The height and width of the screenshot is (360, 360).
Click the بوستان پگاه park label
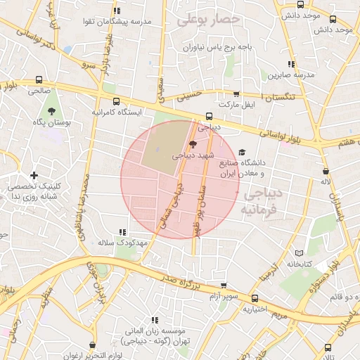click(50, 122)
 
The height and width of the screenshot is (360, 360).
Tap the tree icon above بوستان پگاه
click(51, 111)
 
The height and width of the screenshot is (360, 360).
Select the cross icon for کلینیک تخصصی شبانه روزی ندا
click(34, 175)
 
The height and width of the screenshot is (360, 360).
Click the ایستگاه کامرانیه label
click(117, 112)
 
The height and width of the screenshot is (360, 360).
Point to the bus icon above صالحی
click(39, 79)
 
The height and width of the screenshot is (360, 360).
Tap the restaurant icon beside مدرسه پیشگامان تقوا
click(117, 11)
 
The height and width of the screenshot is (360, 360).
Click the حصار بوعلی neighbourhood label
click(209, 20)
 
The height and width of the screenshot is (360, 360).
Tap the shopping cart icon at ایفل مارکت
click(236, 94)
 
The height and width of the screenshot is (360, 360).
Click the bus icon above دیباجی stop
click(208, 117)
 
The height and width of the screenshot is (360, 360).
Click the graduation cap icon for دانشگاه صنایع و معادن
click(242, 153)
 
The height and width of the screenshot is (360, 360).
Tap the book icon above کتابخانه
click(299, 253)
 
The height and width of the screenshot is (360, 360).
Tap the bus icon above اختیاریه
click(255, 298)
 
